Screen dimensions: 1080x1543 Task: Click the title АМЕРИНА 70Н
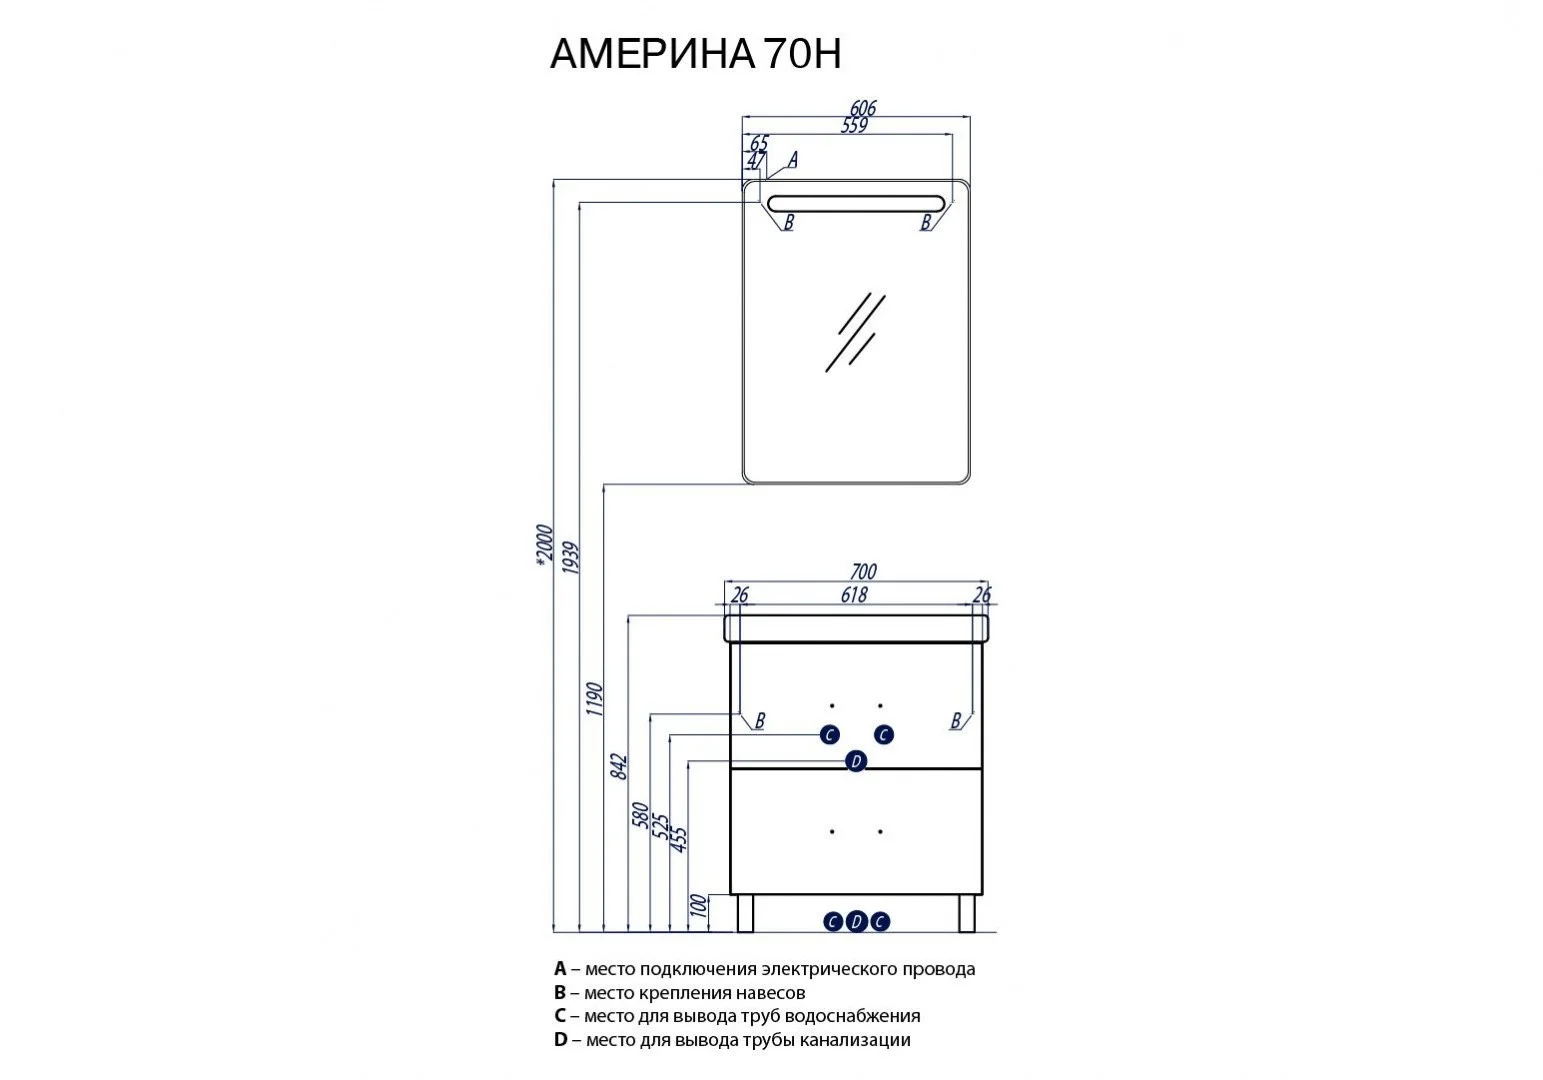[695, 54]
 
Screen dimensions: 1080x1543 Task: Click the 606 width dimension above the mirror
[862, 108]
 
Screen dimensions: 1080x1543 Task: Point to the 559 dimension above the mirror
[853, 126]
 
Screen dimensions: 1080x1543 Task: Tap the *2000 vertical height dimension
[543, 545]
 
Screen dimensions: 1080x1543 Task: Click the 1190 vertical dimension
[594, 699]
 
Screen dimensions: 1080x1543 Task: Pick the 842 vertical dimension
[618, 765]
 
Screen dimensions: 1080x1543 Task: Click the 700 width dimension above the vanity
[862, 572]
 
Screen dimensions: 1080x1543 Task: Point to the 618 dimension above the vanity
[853, 595]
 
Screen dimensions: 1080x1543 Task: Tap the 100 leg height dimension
[699, 906]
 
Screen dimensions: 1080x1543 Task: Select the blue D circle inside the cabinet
[855, 762]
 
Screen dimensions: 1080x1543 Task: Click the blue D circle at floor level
[856, 922]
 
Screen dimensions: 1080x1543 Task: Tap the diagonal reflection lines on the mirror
[856, 331]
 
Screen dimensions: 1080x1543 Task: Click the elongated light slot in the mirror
[854, 202]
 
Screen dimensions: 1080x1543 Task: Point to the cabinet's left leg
[744, 912]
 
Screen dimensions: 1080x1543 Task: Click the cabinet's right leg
[966, 912]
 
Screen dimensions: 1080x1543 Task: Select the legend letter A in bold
[560, 969]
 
